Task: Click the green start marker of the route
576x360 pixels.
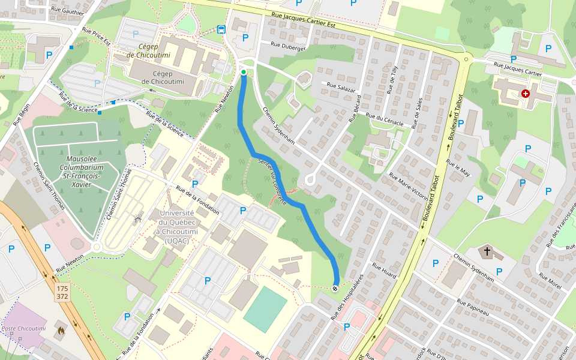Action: (x=244, y=72)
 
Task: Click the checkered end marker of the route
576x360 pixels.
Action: (x=335, y=289)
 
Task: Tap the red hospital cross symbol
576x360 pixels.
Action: (x=526, y=94)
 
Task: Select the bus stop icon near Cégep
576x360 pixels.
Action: (x=221, y=29)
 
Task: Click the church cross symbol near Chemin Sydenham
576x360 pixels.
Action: (x=487, y=251)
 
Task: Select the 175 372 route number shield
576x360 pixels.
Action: (x=62, y=293)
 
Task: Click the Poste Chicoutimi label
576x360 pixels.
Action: (x=23, y=328)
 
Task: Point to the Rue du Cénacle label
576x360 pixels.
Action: (x=385, y=121)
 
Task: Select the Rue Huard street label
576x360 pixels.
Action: (x=384, y=271)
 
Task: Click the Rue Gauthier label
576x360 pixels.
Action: (x=67, y=11)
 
